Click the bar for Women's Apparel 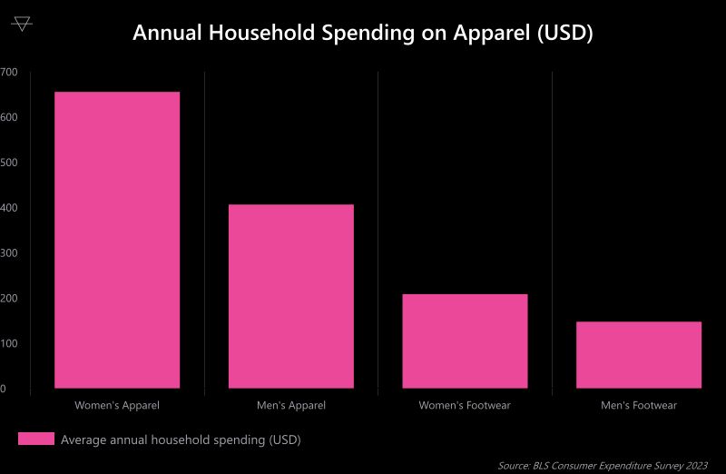[117, 240]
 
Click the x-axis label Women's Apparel [117, 405]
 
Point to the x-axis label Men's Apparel [290, 405]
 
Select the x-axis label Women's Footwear [465, 405]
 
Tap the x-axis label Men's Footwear [638, 405]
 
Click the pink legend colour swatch [36, 439]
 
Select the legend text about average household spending [181, 439]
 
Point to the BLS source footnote [603, 465]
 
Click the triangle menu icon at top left [23, 24]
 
